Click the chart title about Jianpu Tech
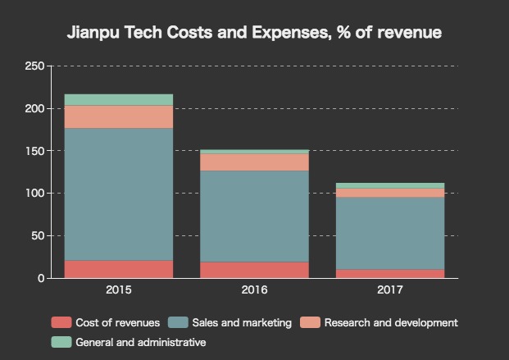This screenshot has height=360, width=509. pos(254,34)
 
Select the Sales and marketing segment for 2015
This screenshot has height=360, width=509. pos(119,194)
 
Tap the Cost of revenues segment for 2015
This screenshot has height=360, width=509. pos(119,269)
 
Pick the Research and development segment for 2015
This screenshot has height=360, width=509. pos(119,117)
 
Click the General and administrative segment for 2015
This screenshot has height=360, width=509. pos(119,100)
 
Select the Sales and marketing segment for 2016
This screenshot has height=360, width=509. pos(254,216)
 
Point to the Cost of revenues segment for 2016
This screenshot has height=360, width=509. pos(254,270)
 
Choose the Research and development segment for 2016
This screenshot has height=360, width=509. pos(254,162)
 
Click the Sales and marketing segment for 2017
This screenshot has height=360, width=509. pos(390,233)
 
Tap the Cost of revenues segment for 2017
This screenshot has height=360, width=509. pos(390,274)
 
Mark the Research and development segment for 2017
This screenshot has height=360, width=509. pos(390,193)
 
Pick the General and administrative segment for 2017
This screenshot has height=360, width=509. pos(390,185)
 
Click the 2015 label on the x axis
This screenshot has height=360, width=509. pos(119,289)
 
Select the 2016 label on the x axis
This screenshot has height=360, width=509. pos(254,289)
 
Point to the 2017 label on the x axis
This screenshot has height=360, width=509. pos(390,289)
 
